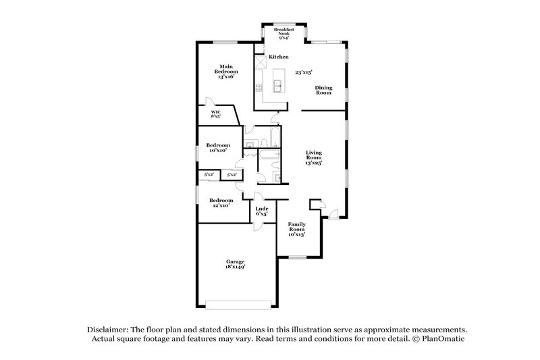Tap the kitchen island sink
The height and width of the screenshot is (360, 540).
277,85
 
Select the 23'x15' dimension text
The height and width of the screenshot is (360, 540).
304,71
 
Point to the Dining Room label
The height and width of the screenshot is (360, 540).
324,90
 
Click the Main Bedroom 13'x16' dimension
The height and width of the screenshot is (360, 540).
226,78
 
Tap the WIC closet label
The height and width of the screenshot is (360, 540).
216,114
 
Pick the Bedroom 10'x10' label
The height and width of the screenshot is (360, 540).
217,148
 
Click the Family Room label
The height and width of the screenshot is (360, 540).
297,229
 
